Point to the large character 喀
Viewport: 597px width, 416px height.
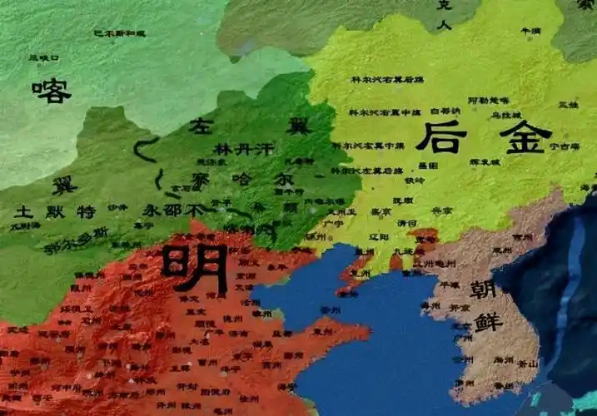click(51, 90)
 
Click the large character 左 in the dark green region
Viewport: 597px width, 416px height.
click(203, 127)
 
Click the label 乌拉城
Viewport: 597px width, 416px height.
click(505, 114)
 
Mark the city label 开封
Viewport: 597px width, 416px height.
click(191, 387)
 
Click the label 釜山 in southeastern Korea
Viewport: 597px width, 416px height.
click(526, 364)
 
